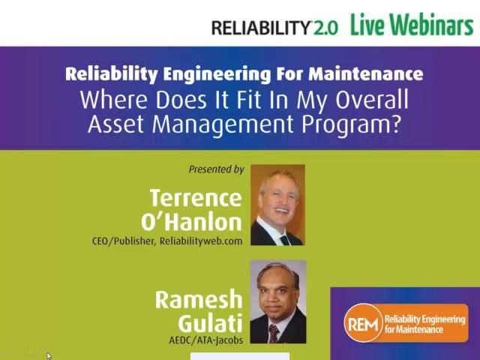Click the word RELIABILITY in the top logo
coord(260,28)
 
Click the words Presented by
coord(217,169)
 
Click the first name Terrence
coord(196,198)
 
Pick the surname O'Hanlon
coord(192,222)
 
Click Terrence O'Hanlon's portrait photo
coord(277,205)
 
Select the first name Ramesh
coord(199,300)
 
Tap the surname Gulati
coord(210,323)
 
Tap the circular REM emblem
coord(363,323)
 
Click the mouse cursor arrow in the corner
coord(49,355)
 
